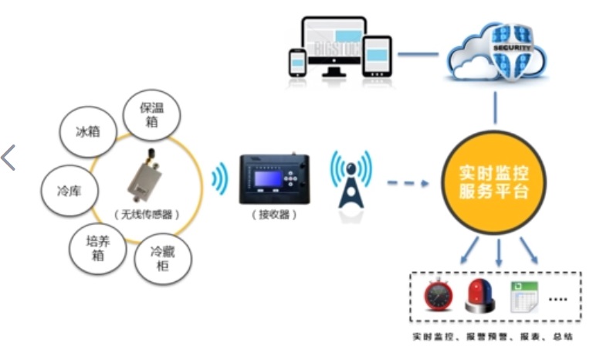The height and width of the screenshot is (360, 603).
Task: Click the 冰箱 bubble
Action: tap(87, 131)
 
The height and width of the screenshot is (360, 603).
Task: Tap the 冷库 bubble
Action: tap(66, 190)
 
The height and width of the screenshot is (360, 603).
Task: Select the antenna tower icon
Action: tap(351, 185)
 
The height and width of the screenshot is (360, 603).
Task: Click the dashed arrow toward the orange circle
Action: tap(408, 184)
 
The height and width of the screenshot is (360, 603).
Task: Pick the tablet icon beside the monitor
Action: tap(377, 56)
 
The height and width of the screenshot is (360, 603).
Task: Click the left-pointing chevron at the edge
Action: tap(8, 157)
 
